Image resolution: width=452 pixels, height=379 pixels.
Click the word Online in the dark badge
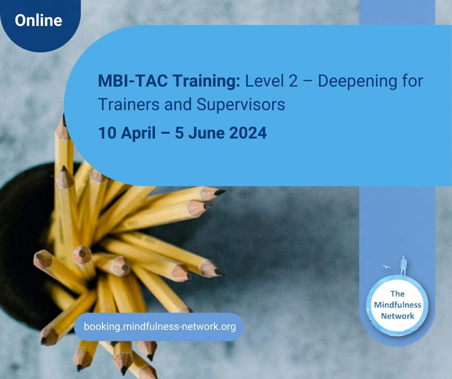coord(38,21)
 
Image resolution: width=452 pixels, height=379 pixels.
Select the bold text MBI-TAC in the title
coord(133,81)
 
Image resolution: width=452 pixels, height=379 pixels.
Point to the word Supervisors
coord(241,105)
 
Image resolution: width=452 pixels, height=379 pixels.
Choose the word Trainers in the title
coord(129,104)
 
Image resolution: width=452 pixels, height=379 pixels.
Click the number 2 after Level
coord(293,81)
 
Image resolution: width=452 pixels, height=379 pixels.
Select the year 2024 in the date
coord(248,133)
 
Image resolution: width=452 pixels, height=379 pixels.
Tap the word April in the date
coord(138,134)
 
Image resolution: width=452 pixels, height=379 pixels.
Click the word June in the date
coord(206,133)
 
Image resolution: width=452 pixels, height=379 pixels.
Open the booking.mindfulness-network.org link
coord(160,327)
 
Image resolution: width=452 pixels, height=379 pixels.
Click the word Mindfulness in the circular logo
coord(398,305)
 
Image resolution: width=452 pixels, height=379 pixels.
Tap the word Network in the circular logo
coord(398,316)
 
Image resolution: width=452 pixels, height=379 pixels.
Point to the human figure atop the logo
coord(403,265)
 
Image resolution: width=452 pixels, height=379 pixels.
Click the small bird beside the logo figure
coord(386,267)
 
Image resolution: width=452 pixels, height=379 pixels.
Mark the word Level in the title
coord(264,81)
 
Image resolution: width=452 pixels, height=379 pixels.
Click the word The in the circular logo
coord(398,293)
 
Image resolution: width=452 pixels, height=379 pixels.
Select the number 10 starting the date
coord(107,133)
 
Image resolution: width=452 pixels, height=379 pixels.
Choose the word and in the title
coord(178,104)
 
